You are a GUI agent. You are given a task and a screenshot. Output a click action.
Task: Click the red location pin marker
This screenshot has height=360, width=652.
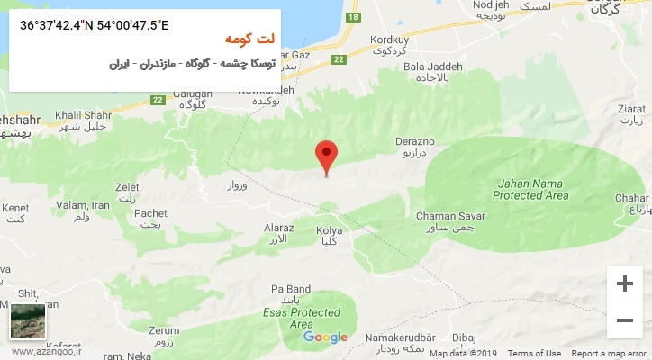pyautogui.click(x=327, y=156)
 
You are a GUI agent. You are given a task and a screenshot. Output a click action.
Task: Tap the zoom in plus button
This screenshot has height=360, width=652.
pyautogui.click(x=624, y=284)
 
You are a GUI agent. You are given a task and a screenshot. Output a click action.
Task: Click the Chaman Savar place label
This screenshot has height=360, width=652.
pyautogui.click(x=451, y=216)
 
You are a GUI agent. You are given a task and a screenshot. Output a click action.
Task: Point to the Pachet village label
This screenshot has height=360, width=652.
pyautogui.click(x=150, y=212)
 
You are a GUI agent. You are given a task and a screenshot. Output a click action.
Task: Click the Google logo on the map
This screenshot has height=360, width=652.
pyautogui.click(x=325, y=337)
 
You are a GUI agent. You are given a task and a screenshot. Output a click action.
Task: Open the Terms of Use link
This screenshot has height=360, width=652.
pyautogui.click(x=535, y=354)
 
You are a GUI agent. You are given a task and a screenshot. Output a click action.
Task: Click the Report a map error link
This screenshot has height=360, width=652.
pyautogui.click(x=610, y=354)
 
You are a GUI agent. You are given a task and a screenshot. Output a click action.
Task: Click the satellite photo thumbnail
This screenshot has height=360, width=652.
pyautogui.click(x=27, y=321)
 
